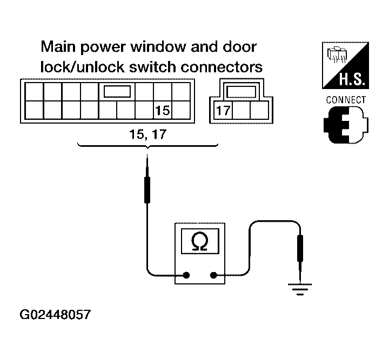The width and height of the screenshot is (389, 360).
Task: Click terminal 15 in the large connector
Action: [163, 111]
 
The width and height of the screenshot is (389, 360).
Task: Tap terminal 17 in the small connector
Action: [224, 111]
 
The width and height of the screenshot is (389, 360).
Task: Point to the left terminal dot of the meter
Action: [186, 275]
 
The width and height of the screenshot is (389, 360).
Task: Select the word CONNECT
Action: [346, 100]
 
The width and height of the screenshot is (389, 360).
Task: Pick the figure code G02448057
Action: [55, 314]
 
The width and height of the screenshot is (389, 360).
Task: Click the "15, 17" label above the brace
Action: [146, 135]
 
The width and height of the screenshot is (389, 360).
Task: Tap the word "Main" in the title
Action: [59, 47]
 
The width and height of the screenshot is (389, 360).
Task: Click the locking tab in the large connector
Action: [117, 90]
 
